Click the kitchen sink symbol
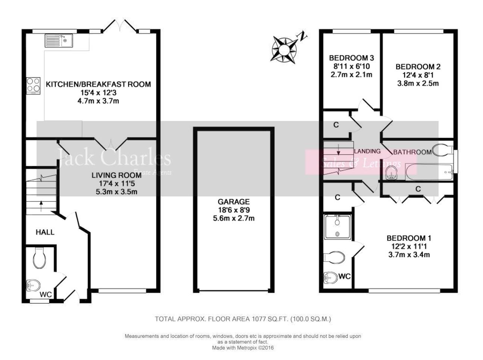click(x=59, y=40)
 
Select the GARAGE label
click(x=234, y=202)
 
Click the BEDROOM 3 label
click(x=351, y=58)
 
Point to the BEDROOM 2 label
click(x=418, y=67)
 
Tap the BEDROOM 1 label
click(x=409, y=238)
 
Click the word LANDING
click(x=367, y=151)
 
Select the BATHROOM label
click(x=412, y=152)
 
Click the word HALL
click(x=45, y=232)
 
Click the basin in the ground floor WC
click(x=33, y=286)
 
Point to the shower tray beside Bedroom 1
click(x=338, y=227)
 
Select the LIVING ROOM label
click(x=117, y=175)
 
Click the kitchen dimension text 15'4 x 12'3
click(x=98, y=93)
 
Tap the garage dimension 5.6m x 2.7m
click(x=234, y=218)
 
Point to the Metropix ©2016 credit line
click(x=243, y=348)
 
